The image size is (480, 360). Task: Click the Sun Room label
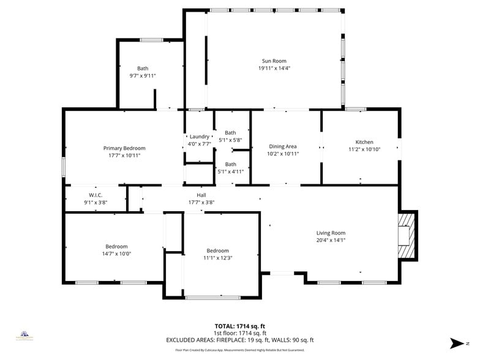[x=274, y=61]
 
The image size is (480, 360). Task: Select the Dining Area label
[x=283, y=146]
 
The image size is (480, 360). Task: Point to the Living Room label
[x=331, y=233]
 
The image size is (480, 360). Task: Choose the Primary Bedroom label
[x=124, y=148]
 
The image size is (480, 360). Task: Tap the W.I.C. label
[x=95, y=195]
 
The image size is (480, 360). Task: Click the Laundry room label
[x=200, y=137]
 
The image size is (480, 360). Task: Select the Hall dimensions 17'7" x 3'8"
[x=201, y=202]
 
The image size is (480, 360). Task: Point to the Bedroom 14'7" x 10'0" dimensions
[x=116, y=253]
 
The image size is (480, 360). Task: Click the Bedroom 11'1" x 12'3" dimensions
[x=217, y=258]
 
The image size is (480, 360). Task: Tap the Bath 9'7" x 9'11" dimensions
[x=143, y=76]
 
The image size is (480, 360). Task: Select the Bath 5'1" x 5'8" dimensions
[x=230, y=140]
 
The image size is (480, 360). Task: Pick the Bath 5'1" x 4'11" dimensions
[x=230, y=171]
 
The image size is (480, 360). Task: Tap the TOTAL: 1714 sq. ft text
[x=240, y=326]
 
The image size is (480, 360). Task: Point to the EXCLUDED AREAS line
[x=240, y=340]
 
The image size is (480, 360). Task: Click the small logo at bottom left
[x=24, y=336]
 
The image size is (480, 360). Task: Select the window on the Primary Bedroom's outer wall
[x=63, y=167]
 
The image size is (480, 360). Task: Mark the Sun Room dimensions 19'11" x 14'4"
[x=274, y=69]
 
